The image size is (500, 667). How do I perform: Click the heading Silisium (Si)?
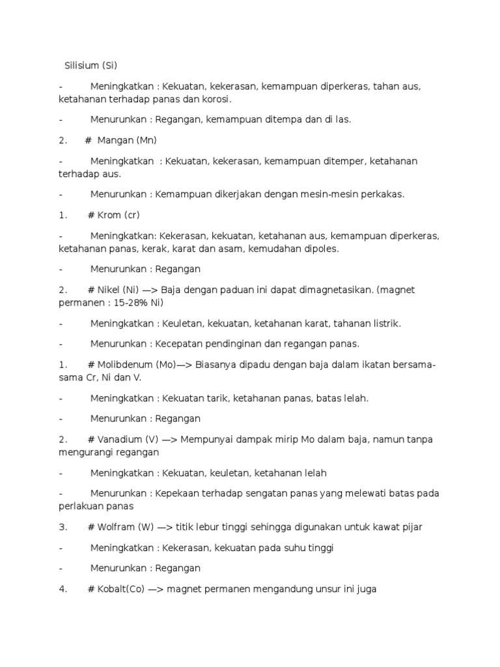tap(90, 65)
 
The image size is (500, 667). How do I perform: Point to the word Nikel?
tap(109, 289)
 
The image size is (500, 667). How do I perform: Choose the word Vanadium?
tap(118, 439)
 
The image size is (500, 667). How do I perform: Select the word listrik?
tap(386, 323)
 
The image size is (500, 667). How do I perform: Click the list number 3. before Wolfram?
tap(63, 526)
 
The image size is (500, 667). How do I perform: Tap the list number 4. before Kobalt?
tap(63, 589)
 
